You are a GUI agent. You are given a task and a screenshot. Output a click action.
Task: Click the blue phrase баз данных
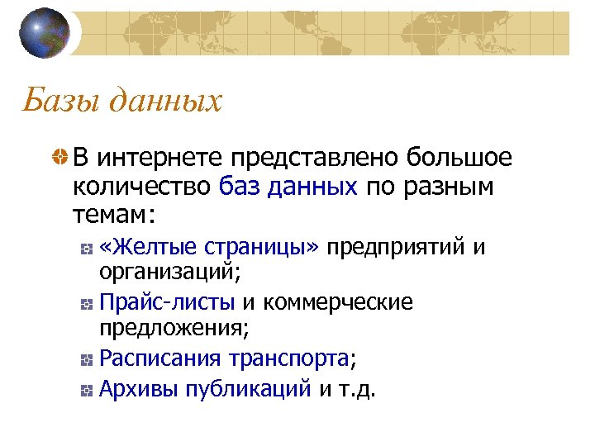[288, 187]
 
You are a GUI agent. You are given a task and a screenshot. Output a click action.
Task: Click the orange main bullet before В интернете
[58, 157]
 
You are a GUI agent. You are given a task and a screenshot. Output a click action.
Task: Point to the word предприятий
[396, 246]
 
